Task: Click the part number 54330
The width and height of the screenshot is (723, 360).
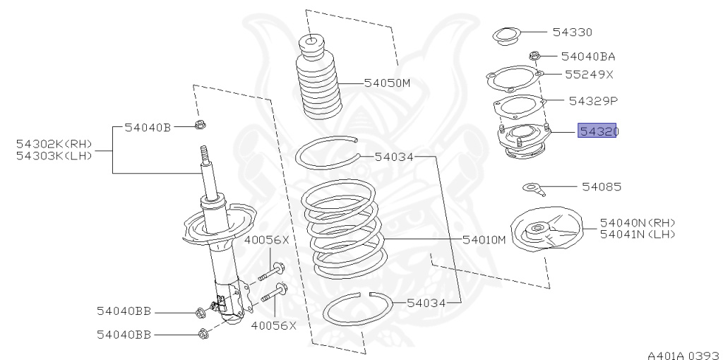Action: pyautogui.click(x=572, y=32)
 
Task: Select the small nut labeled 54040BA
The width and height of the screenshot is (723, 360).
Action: pyautogui.click(x=534, y=55)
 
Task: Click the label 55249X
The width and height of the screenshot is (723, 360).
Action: pyautogui.click(x=589, y=73)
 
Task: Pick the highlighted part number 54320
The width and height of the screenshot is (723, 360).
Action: pyautogui.click(x=597, y=131)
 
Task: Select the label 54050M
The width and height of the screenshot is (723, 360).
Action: pyautogui.click(x=387, y=83)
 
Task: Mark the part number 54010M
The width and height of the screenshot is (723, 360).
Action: pyautogui.click(x=484, y=239)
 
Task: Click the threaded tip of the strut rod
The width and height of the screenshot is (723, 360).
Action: pyautogui.click(x=207, y=153)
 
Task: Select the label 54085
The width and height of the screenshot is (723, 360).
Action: pyautogui.click(x=602, y=187)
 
